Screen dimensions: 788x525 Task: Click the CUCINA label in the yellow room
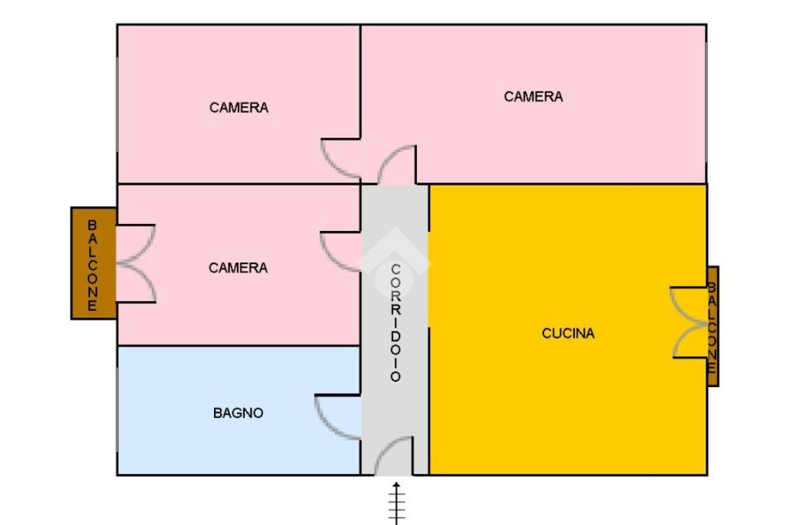(x=568, y=334)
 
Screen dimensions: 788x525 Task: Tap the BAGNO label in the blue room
(x=238, y=413)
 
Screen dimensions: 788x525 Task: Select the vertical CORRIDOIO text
(x=396, y=323)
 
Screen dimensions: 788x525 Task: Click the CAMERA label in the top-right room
(x=533, y=97)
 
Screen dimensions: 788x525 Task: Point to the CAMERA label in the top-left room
(x=239, y=108)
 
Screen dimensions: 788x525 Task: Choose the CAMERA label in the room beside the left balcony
(x=238, y=268)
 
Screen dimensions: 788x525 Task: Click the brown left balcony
(x=93, y=263)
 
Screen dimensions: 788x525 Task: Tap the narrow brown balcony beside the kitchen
(x=713, y=326)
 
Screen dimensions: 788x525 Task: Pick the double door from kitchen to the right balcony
(x=689, y=323)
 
